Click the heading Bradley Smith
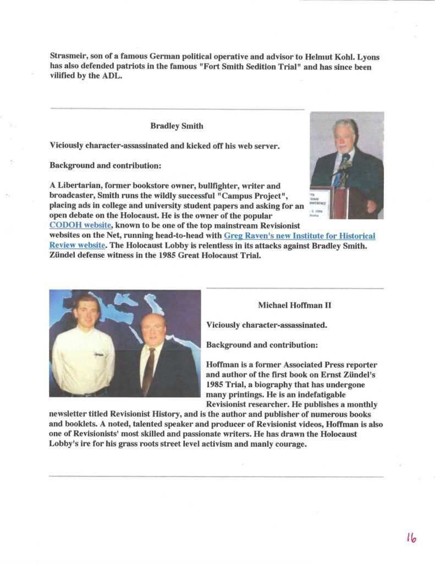[x=177, y=126]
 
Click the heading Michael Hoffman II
[x=294, y=305]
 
